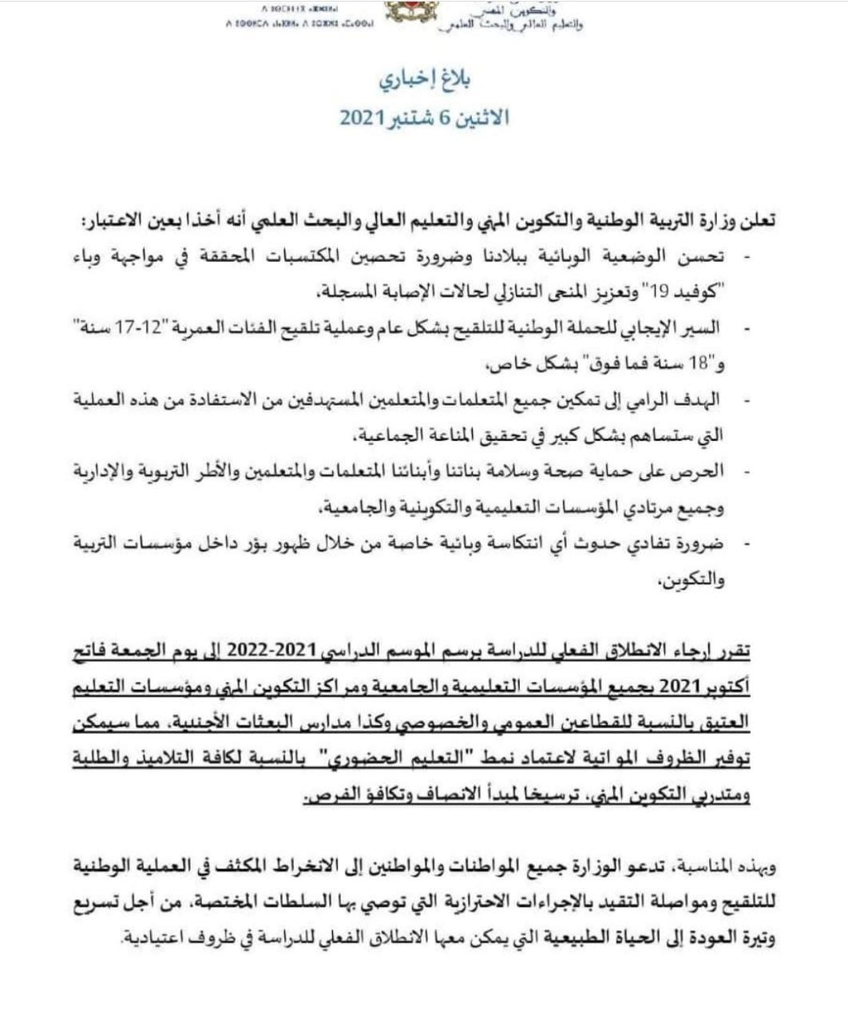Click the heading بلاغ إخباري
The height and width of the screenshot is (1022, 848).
pos(424,80)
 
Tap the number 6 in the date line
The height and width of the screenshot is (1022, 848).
pos(446,117)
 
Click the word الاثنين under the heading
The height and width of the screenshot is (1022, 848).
pos(481,117)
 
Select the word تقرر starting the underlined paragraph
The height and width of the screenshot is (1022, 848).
pos(731,656)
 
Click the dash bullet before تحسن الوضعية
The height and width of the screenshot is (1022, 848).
pos(746,257)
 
